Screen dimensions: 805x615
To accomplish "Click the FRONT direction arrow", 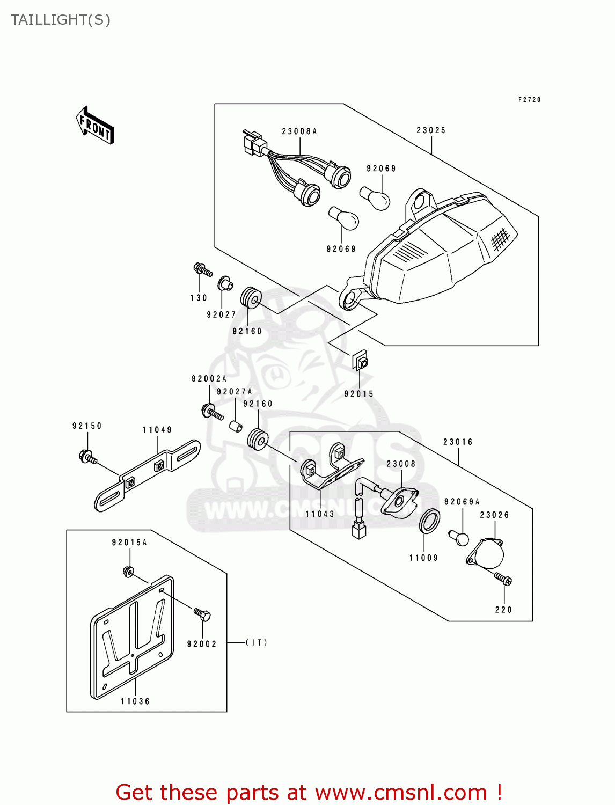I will (x=96, y=126).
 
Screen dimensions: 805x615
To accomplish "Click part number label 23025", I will (x=431, y=130).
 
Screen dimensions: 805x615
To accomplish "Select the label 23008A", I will (x=299, y=131).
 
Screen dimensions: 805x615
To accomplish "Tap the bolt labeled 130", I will (x=202, y=269).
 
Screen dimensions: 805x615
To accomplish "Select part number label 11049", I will (x=157, y=430).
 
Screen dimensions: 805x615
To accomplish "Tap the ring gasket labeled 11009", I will (x=429, y=521).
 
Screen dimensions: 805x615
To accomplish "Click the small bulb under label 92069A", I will (x=459, y=537).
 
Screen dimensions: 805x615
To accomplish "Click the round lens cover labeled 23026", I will (x=487, y=553).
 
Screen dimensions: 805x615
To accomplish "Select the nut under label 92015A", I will (x=128, y=572).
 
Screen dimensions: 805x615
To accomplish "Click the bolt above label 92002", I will (x=202, y=614).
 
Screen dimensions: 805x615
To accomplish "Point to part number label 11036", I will (x=135, y=701).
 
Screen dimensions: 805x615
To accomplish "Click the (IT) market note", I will (x=257, y=642).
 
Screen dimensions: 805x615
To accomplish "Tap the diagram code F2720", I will (x=530, y=100).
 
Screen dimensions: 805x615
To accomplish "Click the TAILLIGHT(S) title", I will (x=61, y=20).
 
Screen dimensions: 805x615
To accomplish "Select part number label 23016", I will (x=458, y=442).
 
